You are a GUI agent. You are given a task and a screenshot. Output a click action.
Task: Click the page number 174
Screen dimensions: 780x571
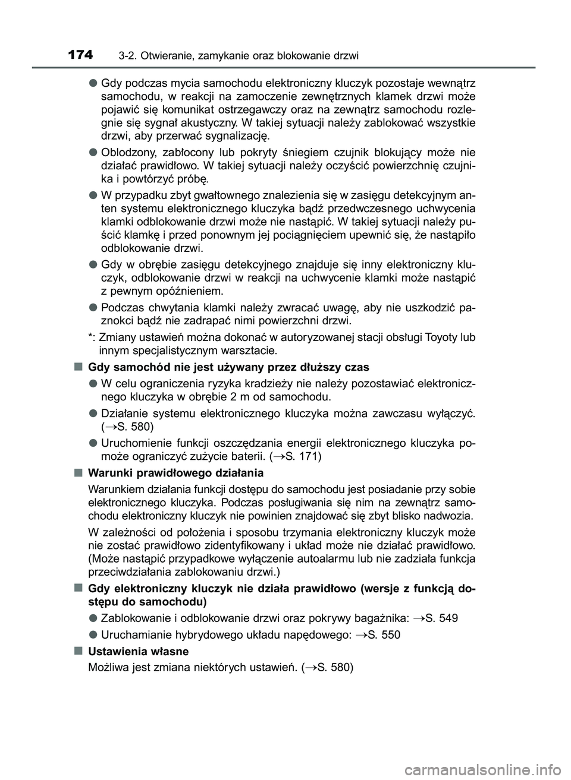point(80,55)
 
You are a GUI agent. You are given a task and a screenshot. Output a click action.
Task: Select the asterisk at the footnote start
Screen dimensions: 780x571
point(90,337)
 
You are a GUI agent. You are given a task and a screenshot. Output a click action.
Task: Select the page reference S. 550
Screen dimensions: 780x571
point(384,634)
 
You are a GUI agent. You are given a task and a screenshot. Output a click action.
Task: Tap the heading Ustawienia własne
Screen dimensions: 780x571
point(138,651)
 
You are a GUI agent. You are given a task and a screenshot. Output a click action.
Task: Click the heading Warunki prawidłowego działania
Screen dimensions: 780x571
point(175,473)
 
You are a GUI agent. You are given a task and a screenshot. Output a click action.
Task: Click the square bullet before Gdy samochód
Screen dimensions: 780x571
point(79,367)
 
